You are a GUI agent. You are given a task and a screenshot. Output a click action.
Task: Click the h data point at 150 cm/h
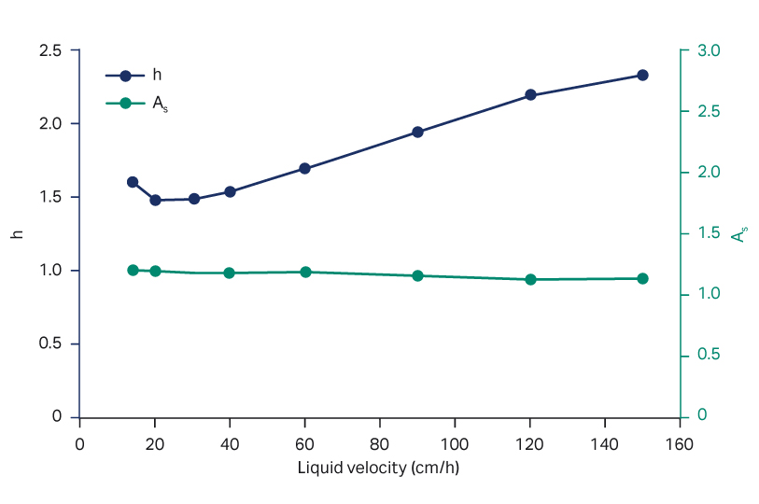642,76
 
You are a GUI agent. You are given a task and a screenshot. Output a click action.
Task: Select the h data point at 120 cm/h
530,95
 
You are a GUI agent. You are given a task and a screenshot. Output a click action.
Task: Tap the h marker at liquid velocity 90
417,133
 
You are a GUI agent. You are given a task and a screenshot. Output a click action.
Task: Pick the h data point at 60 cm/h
304,169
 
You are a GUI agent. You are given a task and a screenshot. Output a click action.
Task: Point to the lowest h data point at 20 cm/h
155,200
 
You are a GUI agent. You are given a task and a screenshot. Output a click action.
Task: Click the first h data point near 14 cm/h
133,182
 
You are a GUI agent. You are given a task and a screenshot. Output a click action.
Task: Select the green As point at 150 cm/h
642,278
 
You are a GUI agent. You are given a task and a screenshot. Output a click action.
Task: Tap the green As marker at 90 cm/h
417,276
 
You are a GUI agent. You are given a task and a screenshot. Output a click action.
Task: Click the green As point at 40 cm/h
230,273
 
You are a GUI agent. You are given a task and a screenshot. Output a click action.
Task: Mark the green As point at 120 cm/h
530,279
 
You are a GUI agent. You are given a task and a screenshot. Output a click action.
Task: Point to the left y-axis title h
17,233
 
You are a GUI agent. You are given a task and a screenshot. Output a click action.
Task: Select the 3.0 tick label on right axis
708,50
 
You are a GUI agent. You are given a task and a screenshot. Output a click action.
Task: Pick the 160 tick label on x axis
680,442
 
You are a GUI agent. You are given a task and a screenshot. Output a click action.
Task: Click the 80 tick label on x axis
380,442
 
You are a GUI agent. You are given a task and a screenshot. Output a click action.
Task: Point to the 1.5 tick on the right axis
708,233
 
